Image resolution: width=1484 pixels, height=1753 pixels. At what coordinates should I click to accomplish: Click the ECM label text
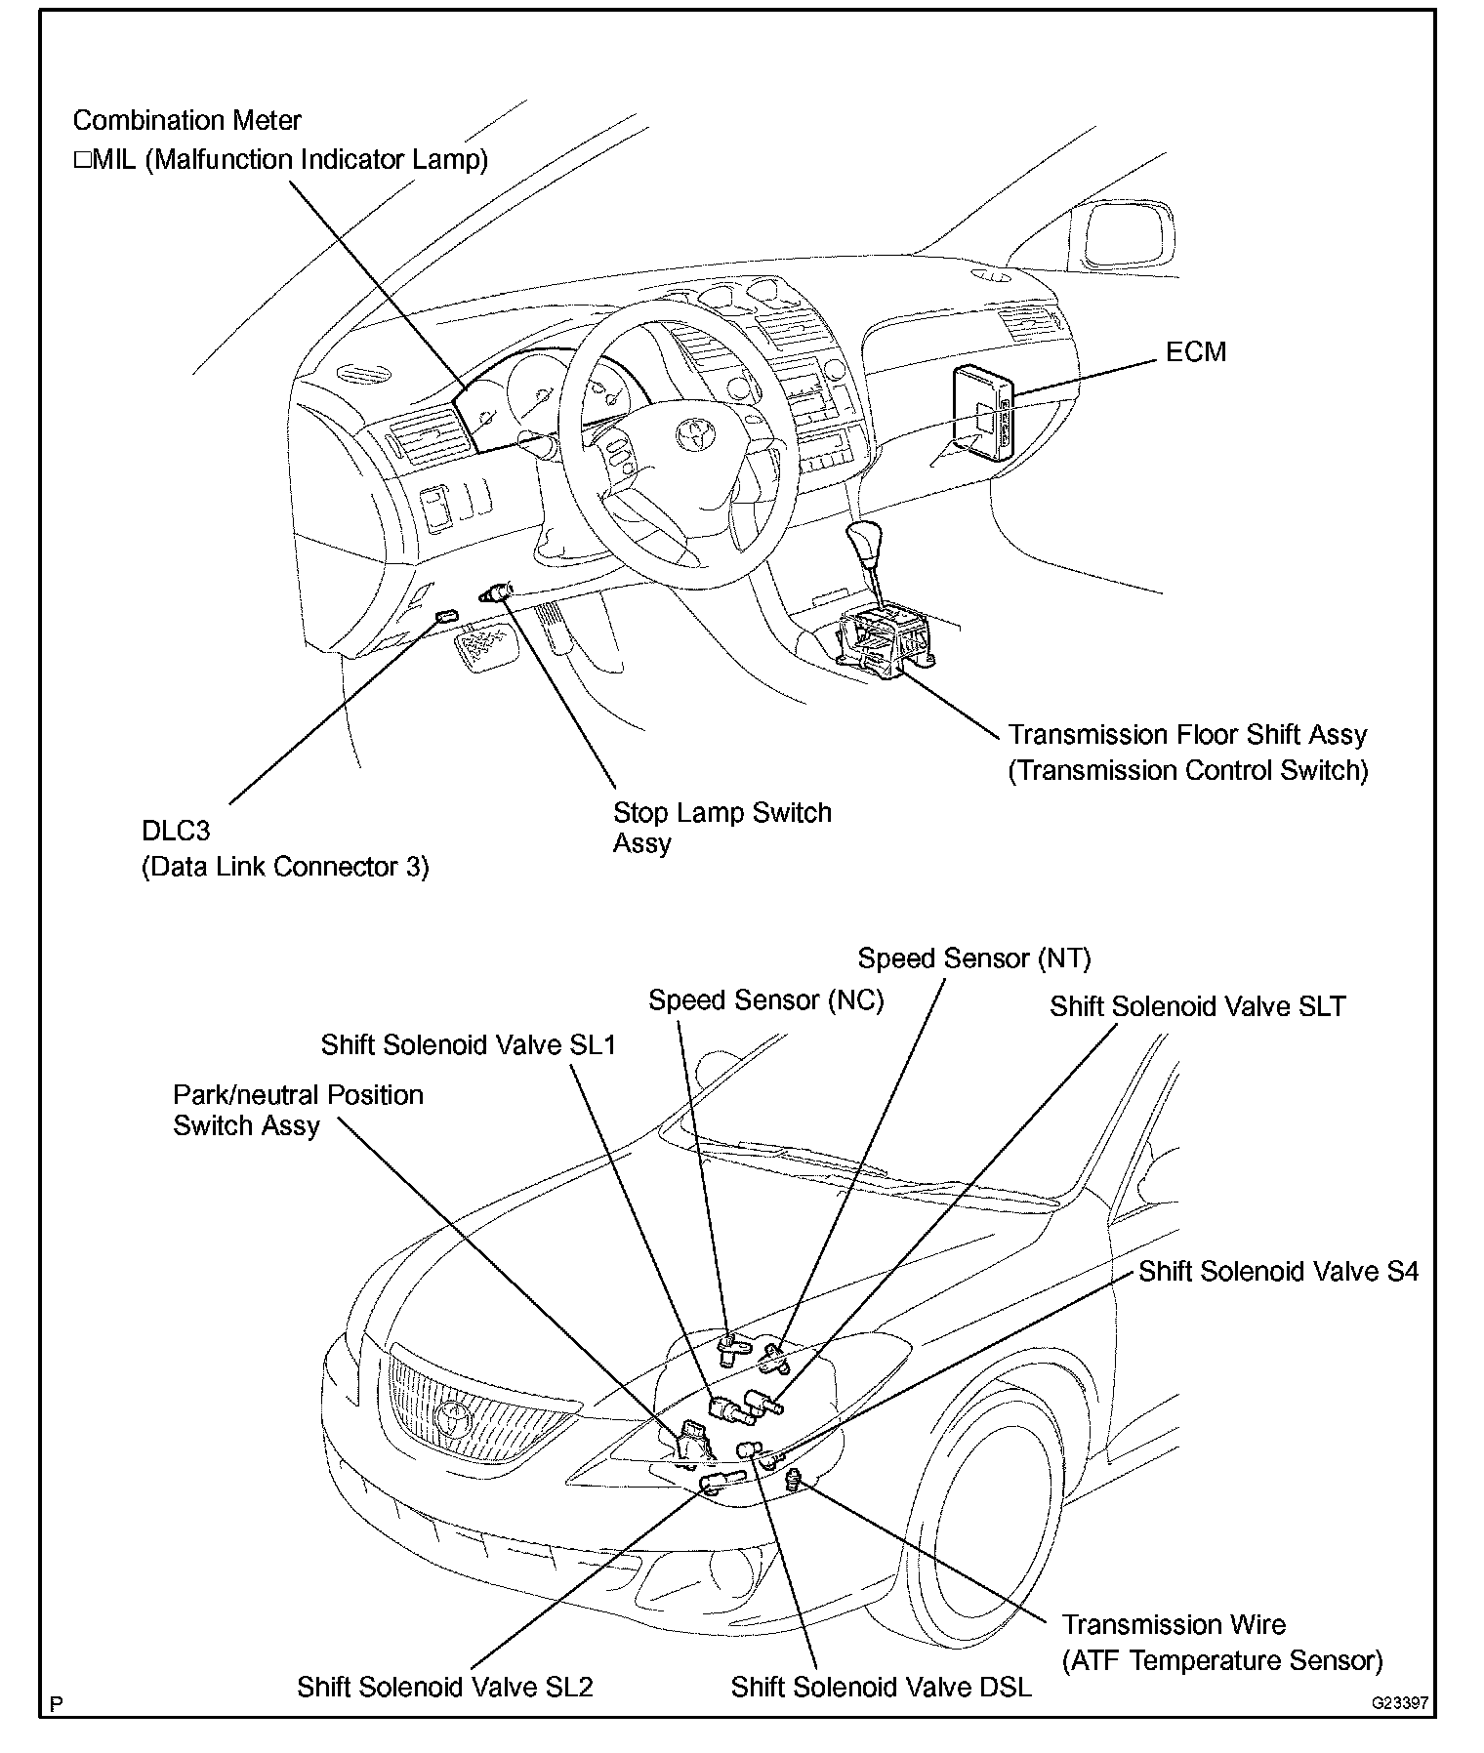click(x=1195, y=351)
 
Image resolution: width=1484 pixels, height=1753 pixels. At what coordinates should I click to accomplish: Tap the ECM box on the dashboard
click(x=982, y=409)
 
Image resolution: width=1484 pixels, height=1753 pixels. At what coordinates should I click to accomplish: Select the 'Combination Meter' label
click(x=186, y=121)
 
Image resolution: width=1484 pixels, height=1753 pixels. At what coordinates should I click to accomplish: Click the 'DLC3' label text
click(x=176, y=831)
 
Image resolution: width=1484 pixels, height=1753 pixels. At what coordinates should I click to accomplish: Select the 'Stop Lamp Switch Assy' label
click(x=721, y=827)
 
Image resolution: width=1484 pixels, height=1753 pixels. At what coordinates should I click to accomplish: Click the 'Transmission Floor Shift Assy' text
click(x=1187, y=734)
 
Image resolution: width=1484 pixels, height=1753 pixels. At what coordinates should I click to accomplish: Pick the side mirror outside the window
click(x=1127, y=236)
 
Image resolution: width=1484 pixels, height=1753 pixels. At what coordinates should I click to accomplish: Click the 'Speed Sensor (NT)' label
click(x=973, y=958)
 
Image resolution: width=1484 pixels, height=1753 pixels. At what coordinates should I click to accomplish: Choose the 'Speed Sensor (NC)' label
click(x=765, y=1000)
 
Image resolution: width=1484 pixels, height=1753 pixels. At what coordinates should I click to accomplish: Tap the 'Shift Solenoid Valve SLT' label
click(x=1197, y=1006)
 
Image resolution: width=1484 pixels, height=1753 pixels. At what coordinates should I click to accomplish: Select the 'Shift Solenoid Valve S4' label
click(x=1278, y=1271)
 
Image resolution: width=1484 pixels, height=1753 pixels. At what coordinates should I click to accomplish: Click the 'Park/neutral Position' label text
click(x=298, y=1095)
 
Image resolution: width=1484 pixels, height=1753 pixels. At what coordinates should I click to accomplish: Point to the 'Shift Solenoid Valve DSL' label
click(x=881, y=1687)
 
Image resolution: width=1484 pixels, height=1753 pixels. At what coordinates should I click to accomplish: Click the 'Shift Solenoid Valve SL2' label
click(x=445, y=1687)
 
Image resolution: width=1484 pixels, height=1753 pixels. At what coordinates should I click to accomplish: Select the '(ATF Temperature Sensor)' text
click(x=1222, y=1660)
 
